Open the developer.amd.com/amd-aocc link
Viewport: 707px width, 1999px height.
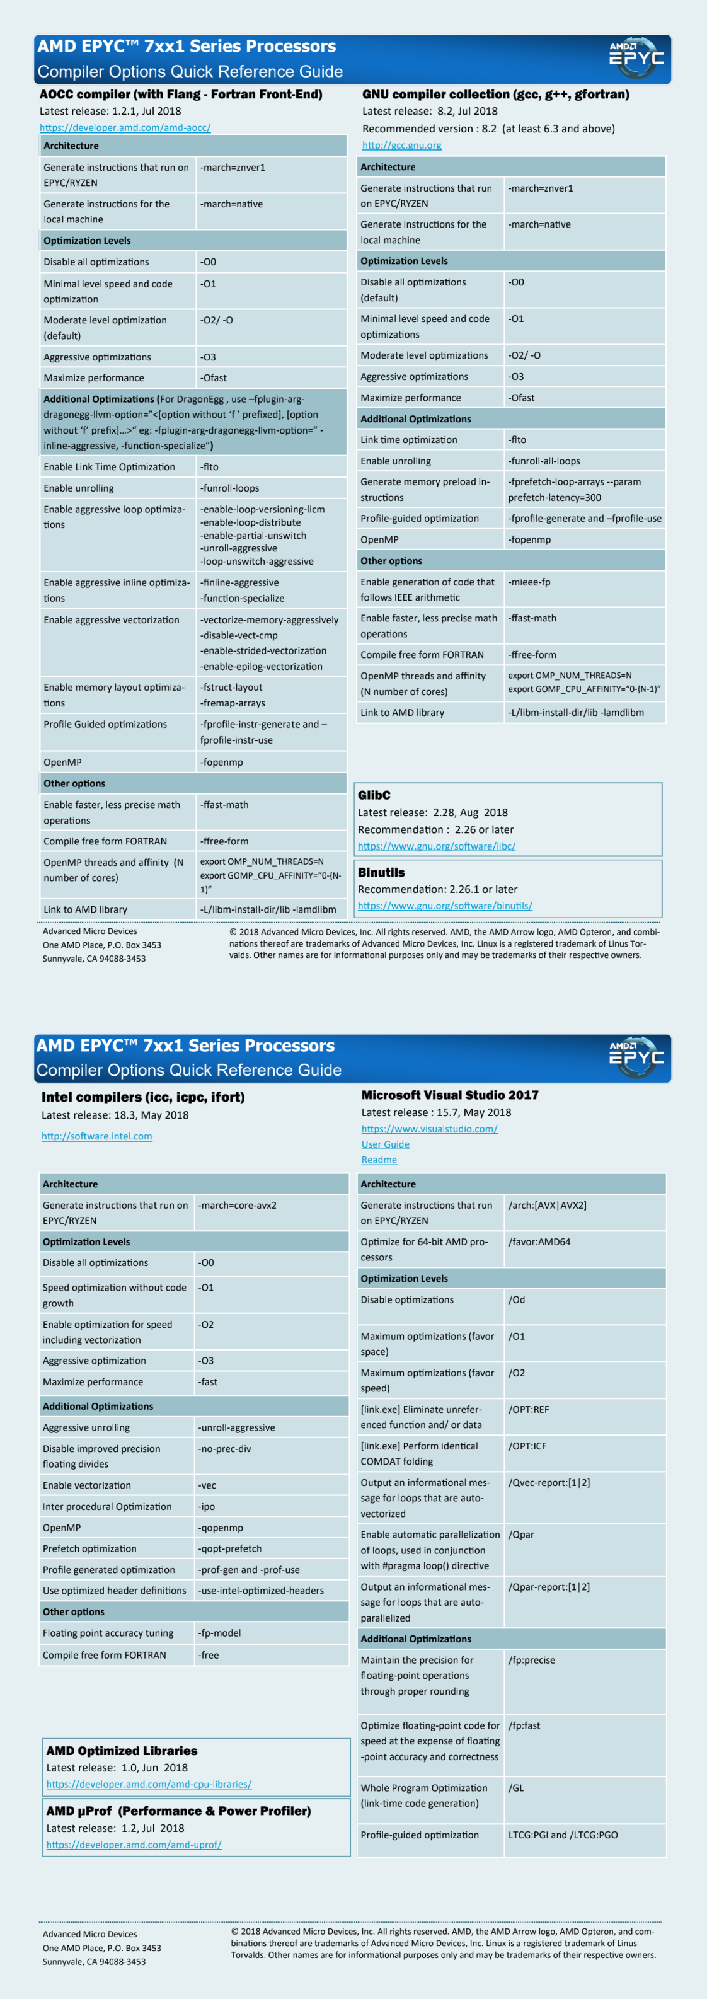[x=125, y=127]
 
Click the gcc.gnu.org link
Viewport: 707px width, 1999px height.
[x=401, y=145]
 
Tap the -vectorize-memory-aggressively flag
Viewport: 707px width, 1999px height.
[x=268, y=620]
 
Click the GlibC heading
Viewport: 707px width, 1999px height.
[x=374, y=795]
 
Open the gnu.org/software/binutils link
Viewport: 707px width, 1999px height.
[x=445, y=906]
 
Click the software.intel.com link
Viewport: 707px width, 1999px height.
[x=96, y=1136]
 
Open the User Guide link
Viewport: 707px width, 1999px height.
[x=385, y=1144]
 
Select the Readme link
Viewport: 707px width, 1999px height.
[x=379, y=1160]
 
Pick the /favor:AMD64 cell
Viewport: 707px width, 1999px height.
[x=539, y=1241]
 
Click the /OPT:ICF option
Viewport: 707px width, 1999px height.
[x=527, y=1446]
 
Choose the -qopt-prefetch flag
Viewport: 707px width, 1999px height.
[x=230, y=1548]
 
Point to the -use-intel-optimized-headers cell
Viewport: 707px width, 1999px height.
[x=261, y=1590]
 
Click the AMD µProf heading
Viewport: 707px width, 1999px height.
[x=178, y=1811]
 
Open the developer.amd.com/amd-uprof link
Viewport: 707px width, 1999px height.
[x=134, y=1845]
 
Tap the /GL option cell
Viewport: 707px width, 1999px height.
[x=516, y=1788]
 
